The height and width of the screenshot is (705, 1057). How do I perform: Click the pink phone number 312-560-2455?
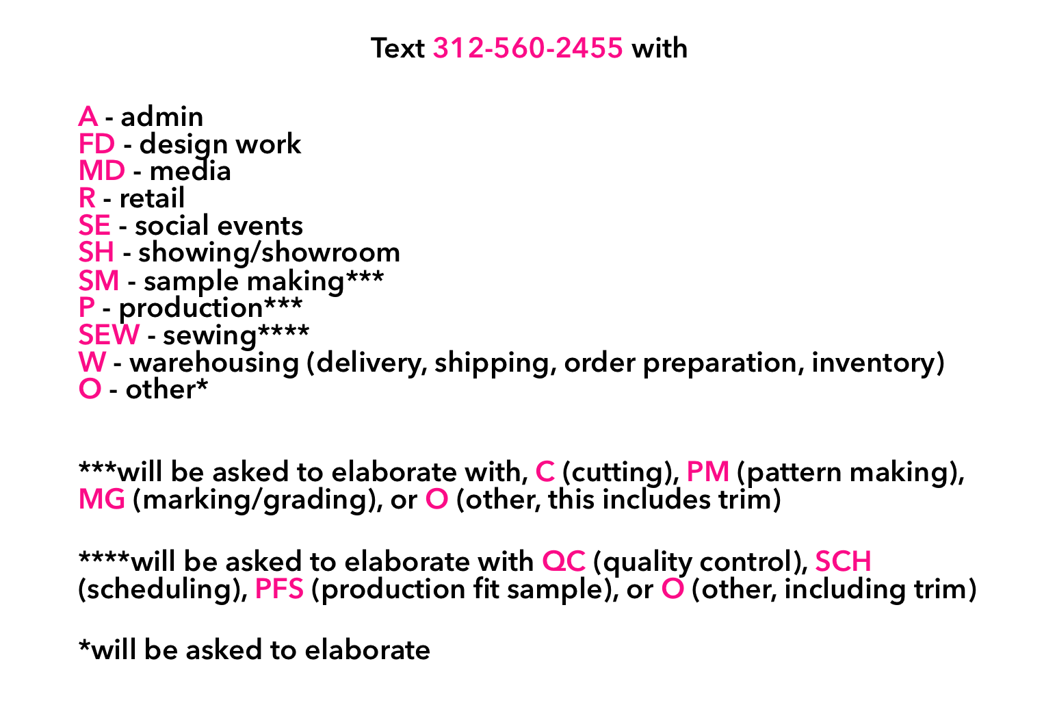click(x=527, y=48)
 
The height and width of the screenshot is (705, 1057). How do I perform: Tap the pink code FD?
click(x=96, y=144)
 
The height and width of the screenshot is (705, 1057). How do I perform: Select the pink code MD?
click(x=102, y=170)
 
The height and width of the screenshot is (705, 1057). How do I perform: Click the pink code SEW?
click(x=109, y=335)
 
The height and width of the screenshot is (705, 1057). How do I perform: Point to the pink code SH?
click(x=96, y=252)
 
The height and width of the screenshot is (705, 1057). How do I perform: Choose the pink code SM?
click(x=99, y=281)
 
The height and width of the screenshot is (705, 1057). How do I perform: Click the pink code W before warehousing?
click(x=92, y=362)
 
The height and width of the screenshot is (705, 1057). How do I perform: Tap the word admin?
click(x=162, y=116)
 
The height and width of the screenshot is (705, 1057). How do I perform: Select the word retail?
click(x=152, y=198)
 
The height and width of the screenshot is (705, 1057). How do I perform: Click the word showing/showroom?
click(x=269, y=252)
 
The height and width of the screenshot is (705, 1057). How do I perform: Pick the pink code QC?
click(x=564, y=561)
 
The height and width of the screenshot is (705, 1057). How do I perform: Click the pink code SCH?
click(x=843, y=561)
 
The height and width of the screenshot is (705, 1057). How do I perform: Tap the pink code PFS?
click(x=279, y=589)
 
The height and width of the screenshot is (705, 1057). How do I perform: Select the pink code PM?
click(x=708, y=472)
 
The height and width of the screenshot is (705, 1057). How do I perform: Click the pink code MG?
click(x=102, y=499)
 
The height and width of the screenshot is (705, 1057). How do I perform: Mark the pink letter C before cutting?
click(x=545, y=472)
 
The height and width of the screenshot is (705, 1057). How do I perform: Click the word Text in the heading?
click(x=397, y=48)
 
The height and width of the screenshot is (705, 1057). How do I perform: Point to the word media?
click(x=190, y=170)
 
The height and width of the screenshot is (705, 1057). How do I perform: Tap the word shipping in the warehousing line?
click(x=493, y=363)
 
